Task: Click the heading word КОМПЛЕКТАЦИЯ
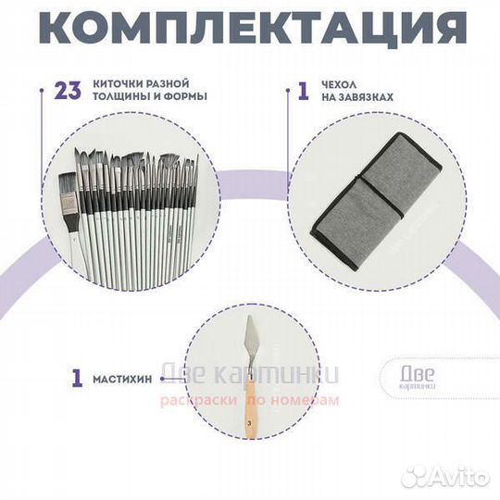pos(249,29)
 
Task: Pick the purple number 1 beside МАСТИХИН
pos(77,378)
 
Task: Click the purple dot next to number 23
pos(43,91)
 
